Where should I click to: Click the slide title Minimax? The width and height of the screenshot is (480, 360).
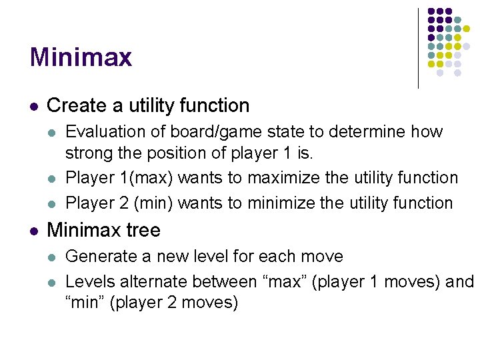click(x=81, y=57)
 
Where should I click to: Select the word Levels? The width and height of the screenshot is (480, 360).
click(x=89, y=281)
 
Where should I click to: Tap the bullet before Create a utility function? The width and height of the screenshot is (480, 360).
click(x=34, y=106)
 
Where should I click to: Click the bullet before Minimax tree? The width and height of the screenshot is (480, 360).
click(x=34, y=231)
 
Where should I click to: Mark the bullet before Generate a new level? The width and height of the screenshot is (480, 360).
click(x=53, y=257)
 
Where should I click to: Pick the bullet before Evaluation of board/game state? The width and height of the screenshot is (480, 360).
click(x=53, y=132)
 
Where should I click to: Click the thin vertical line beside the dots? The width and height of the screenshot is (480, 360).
click(x=418, y=48)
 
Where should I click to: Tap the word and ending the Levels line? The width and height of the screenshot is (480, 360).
click(x=459, y=281)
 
